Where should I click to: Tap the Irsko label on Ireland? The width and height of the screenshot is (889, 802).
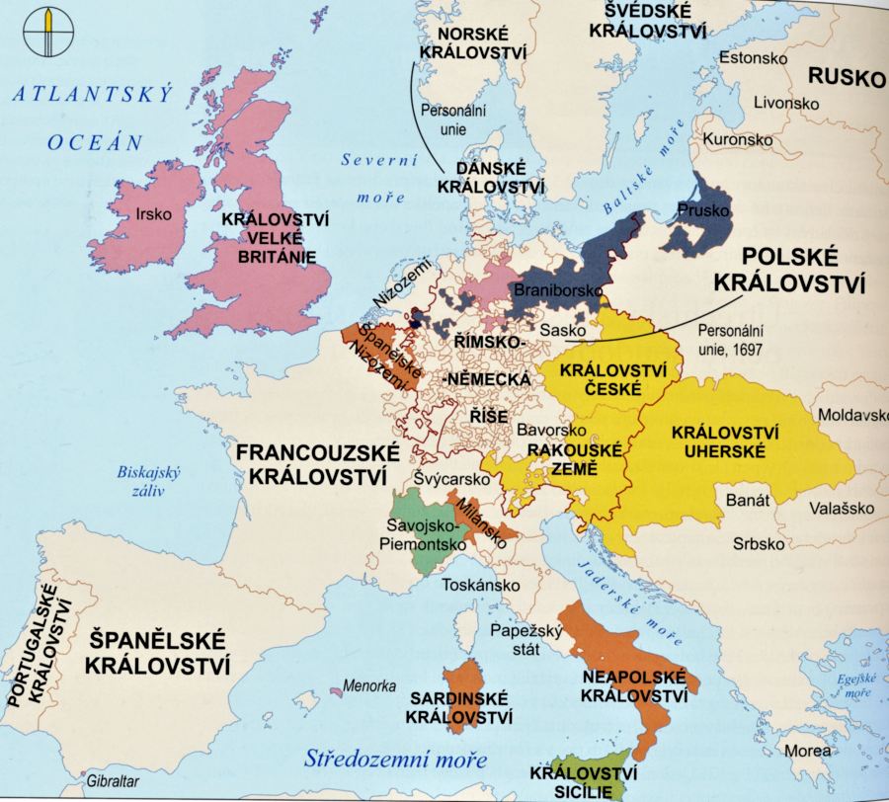tap(154, 213)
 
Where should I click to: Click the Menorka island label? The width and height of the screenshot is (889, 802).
tap(369, 685)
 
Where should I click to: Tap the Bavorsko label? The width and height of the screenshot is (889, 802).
tap(547, 432)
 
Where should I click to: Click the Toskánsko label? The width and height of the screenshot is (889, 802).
tap(480, 585)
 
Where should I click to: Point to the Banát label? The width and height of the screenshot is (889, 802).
tap(748, 501)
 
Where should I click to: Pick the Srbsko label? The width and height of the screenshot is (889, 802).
tap(759, 543)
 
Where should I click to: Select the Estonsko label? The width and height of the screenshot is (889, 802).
tap(754, 58)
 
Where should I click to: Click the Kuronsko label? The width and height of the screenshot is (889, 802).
tap(737, 139)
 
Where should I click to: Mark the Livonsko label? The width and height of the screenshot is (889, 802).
tap(786, 103)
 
